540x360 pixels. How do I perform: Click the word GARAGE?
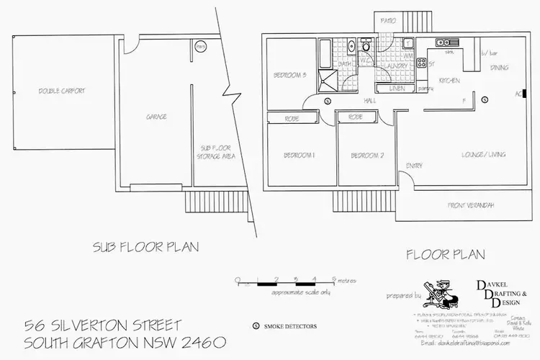[x=156, y=116]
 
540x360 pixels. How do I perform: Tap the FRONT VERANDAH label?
[x=472, y=205]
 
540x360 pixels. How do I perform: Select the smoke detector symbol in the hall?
[x=328, y=101]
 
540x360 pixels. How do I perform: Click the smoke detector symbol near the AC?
[x=485, y=99]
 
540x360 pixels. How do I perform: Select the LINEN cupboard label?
[x=397, y=89]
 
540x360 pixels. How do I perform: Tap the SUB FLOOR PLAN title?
[x=145, y=247]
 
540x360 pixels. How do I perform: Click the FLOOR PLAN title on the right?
[x=445, y=253]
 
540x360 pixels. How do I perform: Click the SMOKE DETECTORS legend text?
[x=290, y=327]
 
